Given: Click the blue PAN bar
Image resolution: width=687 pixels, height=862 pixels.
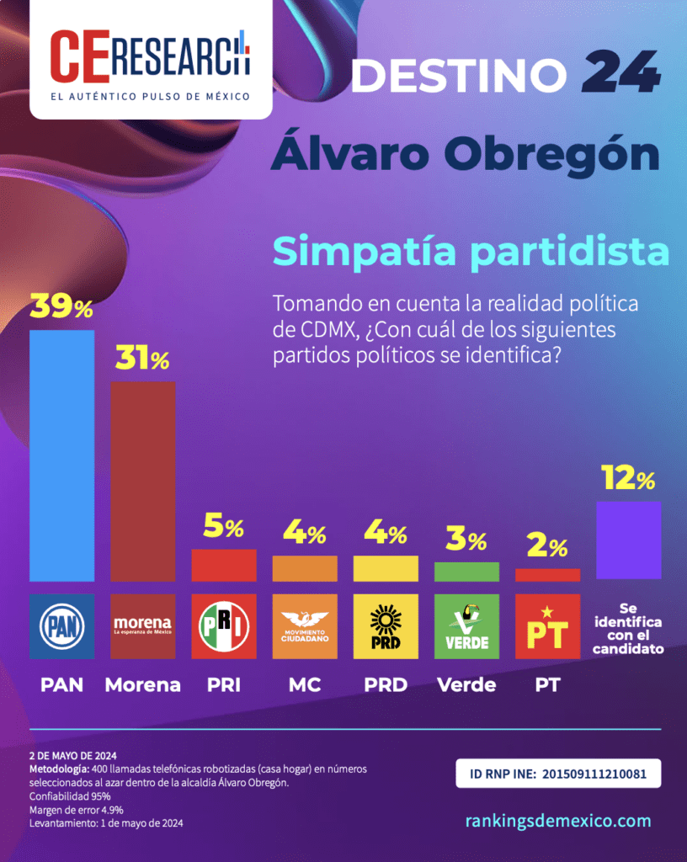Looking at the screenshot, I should coord(61,455).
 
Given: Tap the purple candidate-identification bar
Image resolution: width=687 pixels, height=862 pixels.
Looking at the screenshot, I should coord(628,540).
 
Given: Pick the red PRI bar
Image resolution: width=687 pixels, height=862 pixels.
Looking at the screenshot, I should coord(224,565).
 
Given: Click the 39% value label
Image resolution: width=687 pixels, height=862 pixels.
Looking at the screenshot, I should coord(61,307).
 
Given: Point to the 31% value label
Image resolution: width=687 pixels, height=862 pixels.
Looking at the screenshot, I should coord(141,359).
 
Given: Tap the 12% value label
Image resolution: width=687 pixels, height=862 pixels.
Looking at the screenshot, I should coord(628,479).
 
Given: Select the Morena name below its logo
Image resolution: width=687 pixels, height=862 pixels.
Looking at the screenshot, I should coord(142,684).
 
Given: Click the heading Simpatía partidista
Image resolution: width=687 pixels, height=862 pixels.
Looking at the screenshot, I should coord(471,252).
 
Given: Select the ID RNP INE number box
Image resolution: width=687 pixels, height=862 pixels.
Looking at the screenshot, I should coord(558,773).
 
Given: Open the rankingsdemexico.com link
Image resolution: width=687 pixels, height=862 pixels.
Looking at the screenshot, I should coord(558,821).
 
